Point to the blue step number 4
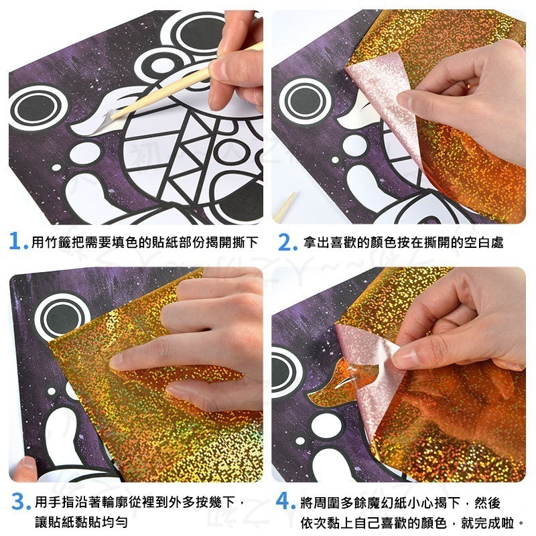point(285,502)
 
